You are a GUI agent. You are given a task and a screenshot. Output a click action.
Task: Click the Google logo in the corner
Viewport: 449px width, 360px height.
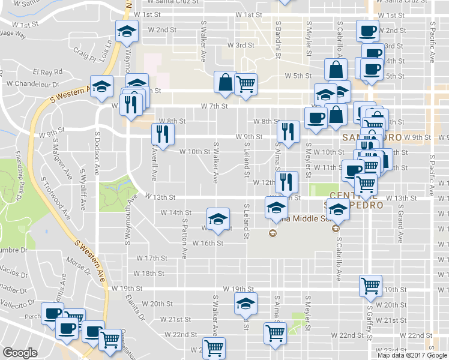coord(20,353)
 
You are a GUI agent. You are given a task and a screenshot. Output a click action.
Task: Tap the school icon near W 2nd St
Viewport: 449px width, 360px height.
coord(127,32)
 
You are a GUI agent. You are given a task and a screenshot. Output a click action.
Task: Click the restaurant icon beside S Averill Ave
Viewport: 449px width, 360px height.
coord(163,134)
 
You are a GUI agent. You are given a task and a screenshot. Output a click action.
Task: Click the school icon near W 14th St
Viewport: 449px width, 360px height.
coord(218,218)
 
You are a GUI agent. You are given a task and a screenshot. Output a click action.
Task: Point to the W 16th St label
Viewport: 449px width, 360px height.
coord(208,243)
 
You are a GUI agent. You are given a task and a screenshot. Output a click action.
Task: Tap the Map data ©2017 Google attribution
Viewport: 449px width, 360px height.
coord(413,355)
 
